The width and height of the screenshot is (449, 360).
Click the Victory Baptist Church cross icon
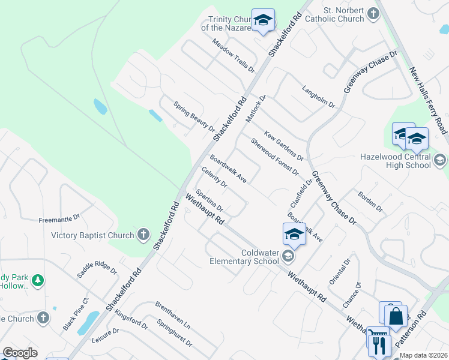coord(143,235)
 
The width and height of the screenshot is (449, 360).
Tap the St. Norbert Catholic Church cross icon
coord(373,13)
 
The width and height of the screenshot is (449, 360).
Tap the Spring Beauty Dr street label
coord(194,116)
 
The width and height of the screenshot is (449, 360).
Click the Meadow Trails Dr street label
coord(234,55)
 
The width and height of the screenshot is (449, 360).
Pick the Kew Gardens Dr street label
coord(283,145)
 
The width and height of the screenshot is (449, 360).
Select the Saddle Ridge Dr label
coord(97,269)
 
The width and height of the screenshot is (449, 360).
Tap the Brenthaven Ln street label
coord(172,315)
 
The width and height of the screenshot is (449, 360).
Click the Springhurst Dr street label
coord(175,334)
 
